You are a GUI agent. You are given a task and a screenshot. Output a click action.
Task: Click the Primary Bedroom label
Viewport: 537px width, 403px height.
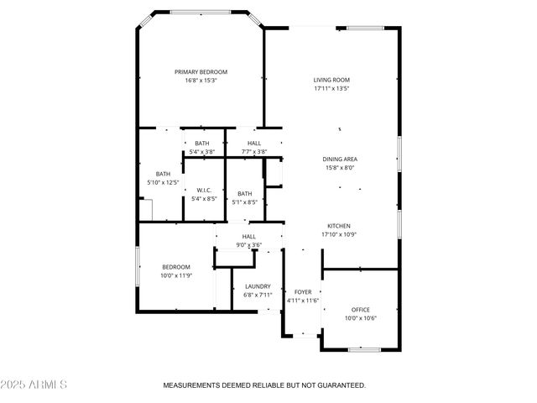pyautogui.click(x=201, y=72)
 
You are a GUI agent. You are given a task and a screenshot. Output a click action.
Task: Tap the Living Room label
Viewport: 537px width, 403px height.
pyautogui.click(x=331, y=80)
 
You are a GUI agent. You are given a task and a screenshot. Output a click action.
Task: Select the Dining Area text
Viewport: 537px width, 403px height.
pyautogui.click(x=340, y=159)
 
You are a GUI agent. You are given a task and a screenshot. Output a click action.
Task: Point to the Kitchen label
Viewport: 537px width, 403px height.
pyautogui.click(x=339, y=226)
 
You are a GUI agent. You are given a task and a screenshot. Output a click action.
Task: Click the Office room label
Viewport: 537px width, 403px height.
pyautogui.click(x=361, y=310)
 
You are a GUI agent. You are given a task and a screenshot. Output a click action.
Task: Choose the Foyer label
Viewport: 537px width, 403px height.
pyautogui.click(x=302, y=291)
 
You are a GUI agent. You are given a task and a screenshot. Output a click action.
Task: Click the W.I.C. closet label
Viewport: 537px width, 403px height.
pyautogui.click(x=202, y=190)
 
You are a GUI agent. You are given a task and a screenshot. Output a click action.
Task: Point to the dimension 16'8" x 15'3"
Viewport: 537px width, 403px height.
pyautogui.click(x=201, y=81)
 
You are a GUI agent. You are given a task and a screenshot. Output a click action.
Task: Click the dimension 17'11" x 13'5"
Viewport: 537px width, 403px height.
pyautogui.click(x=331, y=88)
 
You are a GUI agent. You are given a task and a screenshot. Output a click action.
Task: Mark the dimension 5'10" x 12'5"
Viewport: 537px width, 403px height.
pyautogui.click(x=163, y=182)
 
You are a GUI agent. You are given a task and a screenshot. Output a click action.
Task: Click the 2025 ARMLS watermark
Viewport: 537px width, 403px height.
pyautogui.click(x=34, y=385)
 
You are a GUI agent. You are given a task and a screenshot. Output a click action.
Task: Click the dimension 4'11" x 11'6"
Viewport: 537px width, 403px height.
pyautogui.click(x=302, y=300)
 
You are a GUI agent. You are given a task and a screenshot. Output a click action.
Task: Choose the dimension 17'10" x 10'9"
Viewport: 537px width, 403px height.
pyautogui.click(x=339, y=234)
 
